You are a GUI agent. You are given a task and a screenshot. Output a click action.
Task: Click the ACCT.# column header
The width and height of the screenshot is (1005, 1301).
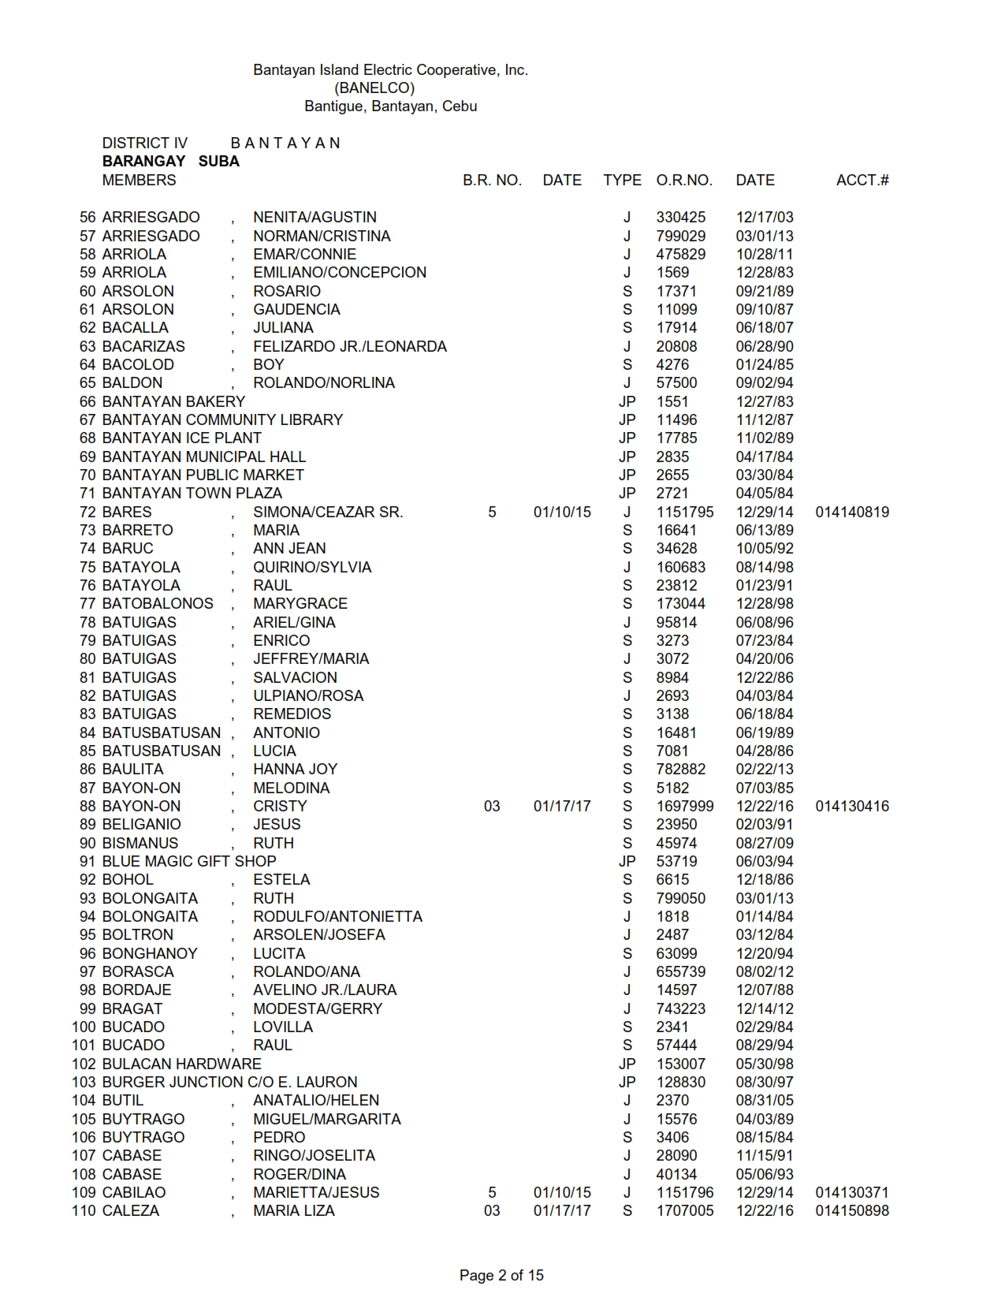coord(862,181)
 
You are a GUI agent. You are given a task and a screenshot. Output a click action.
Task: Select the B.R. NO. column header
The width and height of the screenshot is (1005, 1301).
coord(492,181)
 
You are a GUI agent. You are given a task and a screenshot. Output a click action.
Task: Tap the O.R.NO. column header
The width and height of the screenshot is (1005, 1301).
coord(684,181)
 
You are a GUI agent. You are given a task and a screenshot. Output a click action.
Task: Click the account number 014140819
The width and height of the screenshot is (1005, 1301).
coord(852,513)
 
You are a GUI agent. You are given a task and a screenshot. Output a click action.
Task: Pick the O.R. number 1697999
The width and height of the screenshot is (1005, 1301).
coord(685,807)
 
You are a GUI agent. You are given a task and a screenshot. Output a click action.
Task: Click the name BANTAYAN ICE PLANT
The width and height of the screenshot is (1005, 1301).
coord(181,438)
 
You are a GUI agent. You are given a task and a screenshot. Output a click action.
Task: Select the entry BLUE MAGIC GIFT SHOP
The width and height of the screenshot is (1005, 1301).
coord(189,862)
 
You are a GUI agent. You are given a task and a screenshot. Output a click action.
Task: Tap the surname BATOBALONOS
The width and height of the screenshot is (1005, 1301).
coord(158,604)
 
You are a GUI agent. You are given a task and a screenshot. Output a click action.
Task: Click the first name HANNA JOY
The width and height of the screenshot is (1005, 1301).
coord(295,770)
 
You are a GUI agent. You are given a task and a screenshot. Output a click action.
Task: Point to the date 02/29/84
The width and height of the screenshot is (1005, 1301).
coord(765,1027)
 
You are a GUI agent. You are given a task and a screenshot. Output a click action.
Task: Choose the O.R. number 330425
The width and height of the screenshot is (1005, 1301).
coord(681,218)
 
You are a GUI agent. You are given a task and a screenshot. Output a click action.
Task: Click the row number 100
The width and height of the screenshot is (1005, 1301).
coord(84,1027)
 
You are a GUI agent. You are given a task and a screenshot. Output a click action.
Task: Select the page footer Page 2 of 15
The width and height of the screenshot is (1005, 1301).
coord(501,1275)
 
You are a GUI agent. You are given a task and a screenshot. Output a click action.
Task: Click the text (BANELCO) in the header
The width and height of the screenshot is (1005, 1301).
coord(374,88)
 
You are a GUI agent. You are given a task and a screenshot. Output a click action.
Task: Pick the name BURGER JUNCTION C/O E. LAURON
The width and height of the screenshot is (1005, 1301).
coord(229,1083)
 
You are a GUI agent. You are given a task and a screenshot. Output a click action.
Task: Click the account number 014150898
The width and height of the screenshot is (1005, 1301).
coord(852,1211)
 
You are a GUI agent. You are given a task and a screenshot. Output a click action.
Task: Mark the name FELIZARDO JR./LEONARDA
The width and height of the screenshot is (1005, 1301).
coord(350,347)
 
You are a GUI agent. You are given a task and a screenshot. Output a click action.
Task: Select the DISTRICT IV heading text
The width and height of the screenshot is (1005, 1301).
coord(145,144)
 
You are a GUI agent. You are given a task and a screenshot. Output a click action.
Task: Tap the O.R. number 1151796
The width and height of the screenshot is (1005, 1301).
coord(685,1193)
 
